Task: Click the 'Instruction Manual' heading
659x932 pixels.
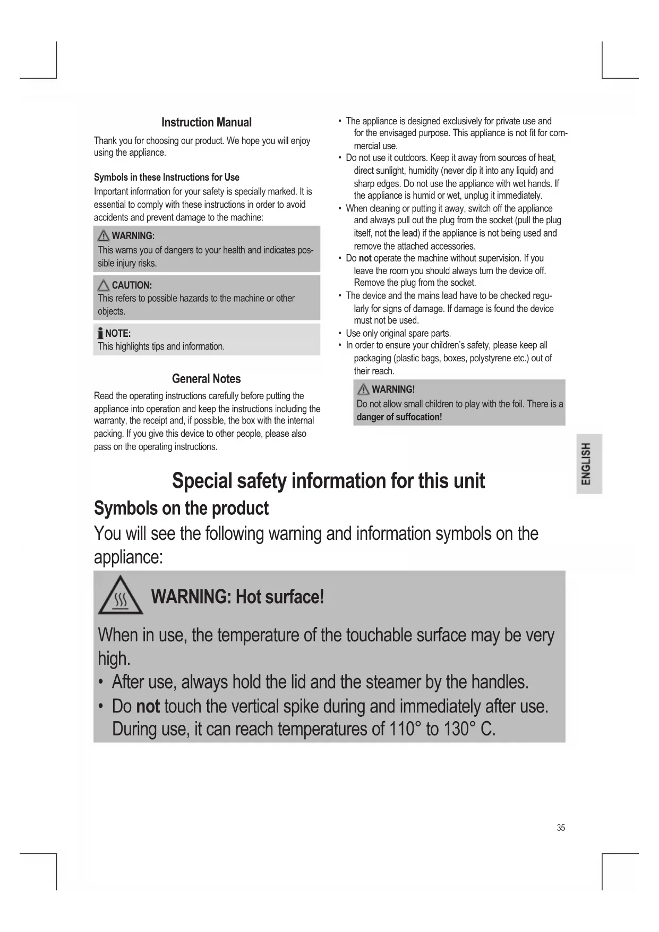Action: [206, 122]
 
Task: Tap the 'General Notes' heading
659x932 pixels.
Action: [206, 379]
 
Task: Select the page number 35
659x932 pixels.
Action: [561, 827]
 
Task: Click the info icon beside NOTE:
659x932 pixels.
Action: [100, 334]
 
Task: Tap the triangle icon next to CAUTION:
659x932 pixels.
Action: [104, 285]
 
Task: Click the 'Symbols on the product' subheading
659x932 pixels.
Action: [181, 509]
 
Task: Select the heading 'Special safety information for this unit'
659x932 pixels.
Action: [328, 481]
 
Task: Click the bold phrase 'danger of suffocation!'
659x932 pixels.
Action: [399, 417]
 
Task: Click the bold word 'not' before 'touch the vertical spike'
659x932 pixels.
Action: [148, 706]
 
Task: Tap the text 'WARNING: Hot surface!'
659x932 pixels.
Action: [237, 597]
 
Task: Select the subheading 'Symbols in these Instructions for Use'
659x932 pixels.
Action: [166, 177]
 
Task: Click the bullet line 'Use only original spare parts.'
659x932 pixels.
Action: [398, 333]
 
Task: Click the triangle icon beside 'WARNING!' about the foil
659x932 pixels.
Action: [364, 389]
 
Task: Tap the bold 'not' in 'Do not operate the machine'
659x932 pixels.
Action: [365, 258]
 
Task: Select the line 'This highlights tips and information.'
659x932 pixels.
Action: [161, 346]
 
